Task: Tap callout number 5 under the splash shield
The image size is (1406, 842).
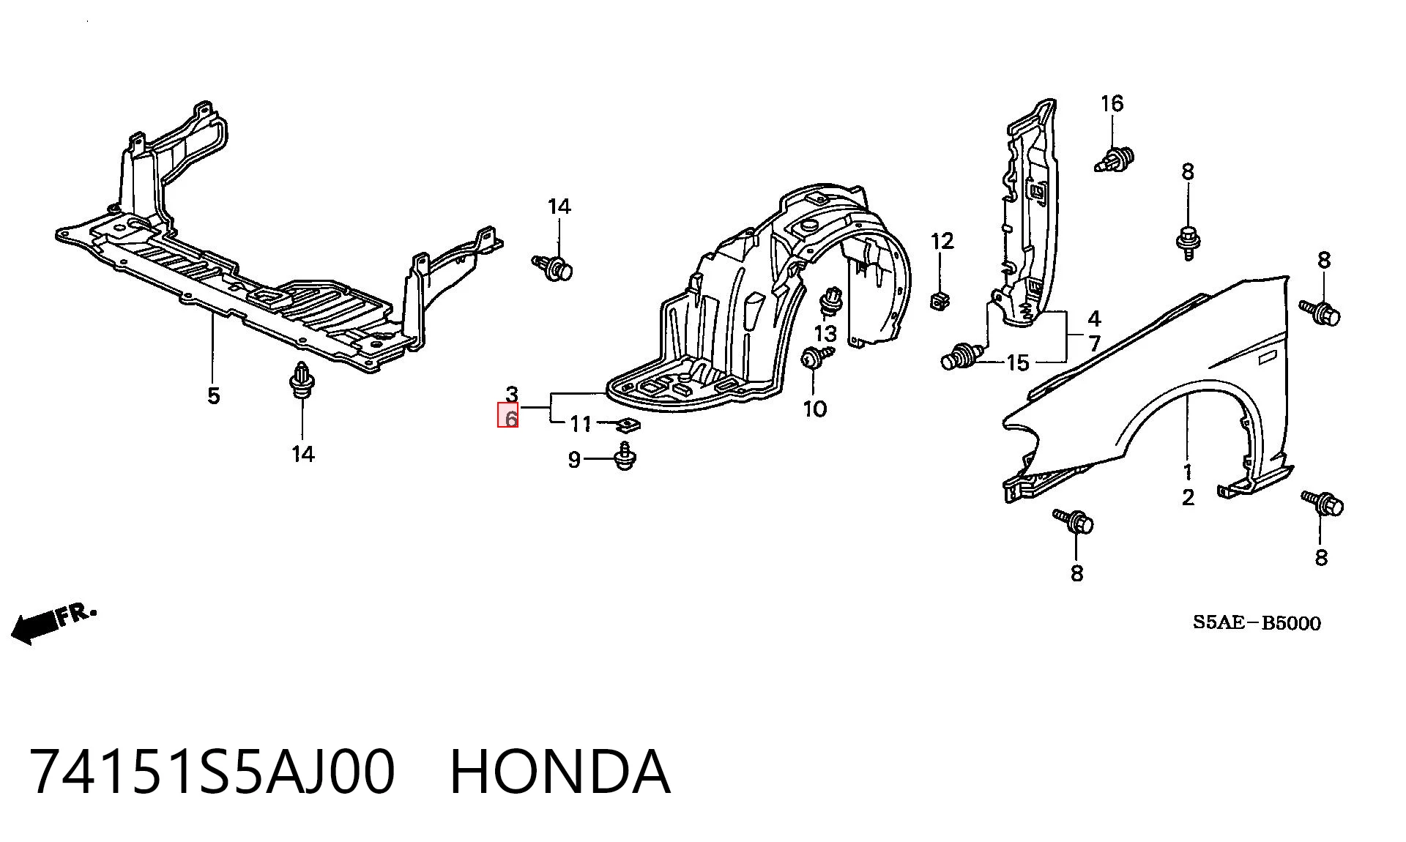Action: [x=213, y=395]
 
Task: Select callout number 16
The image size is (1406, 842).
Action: [x=1112, y=104]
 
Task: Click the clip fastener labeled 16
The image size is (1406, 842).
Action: [x=1115, y=160]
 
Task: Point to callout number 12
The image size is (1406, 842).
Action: [x=942, y=241]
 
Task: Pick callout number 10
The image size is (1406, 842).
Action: [x=815, y=409]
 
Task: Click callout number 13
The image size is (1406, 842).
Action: [x=825, y=334]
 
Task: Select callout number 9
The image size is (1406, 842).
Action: [x=574, y=460]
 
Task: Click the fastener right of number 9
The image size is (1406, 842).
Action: [x=624, y=456]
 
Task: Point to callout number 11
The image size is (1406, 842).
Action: [x=581, y=424]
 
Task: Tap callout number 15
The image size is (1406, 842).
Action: [x=1018, y=362]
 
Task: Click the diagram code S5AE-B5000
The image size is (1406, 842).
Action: [x=1257, y=623]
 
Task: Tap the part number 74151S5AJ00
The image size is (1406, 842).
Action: [x=213, y=772]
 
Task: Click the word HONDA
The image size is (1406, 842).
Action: [x=559, y=772]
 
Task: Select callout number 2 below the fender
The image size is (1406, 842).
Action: [x=1188, y=498]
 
